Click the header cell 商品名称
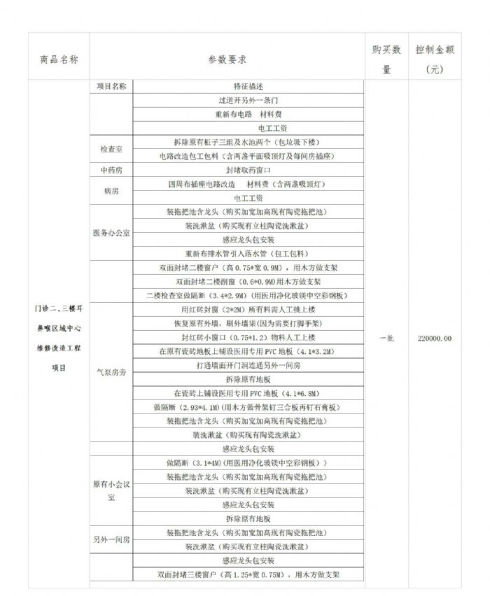pos(59,60)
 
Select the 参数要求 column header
pos(227,60)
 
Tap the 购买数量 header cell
pos(386,60)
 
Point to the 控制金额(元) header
pos(435,60)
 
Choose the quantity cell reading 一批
pos(386,338)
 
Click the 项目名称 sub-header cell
pos(111,87)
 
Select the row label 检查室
pos(111,149)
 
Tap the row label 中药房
pos(111,170)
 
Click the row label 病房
pos(111,190)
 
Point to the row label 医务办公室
pos(111,232)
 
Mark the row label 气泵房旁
pos(111,373)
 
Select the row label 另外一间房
pos(111,539)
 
